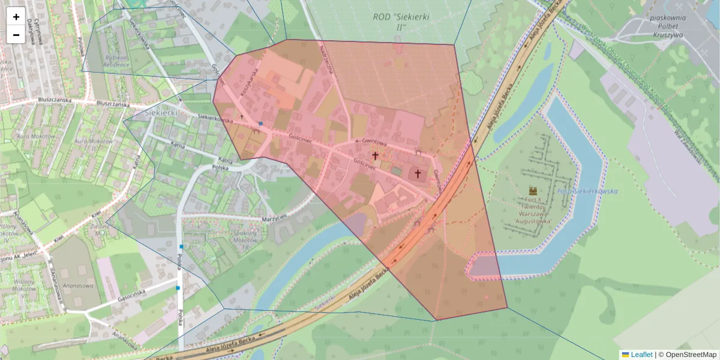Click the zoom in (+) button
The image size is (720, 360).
(x=16, y=17)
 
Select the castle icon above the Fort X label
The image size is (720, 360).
(x=532, y=190)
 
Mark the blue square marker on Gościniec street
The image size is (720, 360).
(x=261, y=124)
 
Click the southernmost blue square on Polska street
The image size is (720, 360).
(x=178, y=288)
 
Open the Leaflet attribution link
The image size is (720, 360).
(x=637, y=355)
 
